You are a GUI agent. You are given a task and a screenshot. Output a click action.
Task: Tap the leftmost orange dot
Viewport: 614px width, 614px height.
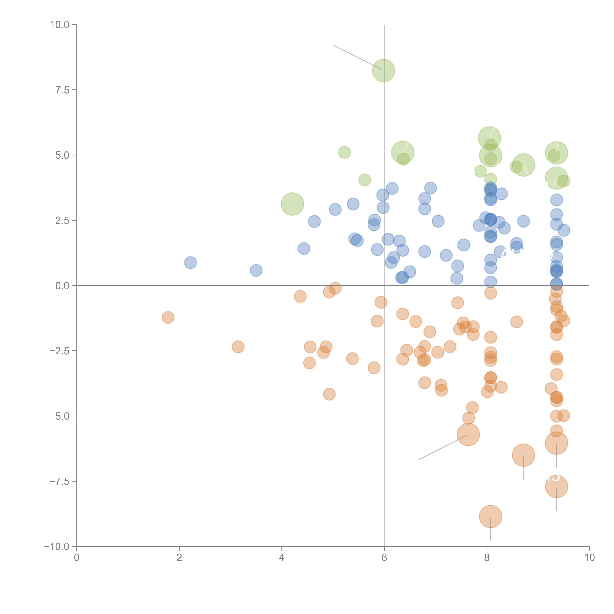tap(168, 317)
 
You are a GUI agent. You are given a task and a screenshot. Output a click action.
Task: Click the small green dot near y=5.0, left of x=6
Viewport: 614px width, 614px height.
tap(344, 152)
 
